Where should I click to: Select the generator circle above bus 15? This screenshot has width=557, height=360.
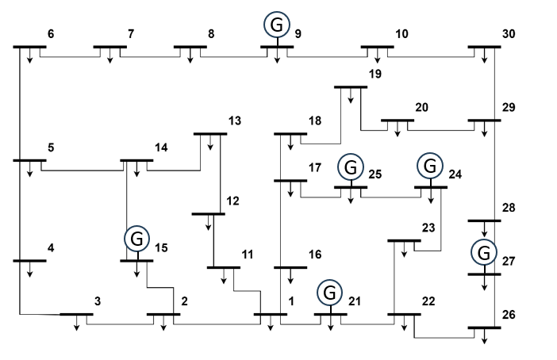(x=136, y=238)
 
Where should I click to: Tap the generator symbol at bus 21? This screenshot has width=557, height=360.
(x=330, y=293)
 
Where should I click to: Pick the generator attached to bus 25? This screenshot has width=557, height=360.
(x=350, y=167)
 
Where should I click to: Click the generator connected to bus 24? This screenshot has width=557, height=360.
(x=429, y=167)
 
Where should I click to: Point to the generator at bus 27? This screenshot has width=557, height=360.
(x=483, y=253)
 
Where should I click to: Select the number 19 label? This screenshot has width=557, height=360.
(x=375, y=75)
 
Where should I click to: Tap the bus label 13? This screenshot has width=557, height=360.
(x=234, y=121)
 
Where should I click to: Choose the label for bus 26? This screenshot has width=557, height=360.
(x=509, y=315)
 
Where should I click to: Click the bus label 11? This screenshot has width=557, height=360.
(x=248, y=255)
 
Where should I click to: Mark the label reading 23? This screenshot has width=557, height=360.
(x=428, y=228)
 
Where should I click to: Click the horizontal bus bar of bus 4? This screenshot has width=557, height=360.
(x=29, y=260)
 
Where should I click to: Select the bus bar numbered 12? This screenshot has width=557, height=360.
(x=209, y=214)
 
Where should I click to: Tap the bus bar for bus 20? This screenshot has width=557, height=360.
(x=398, y=121)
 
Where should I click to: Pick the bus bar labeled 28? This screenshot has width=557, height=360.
(x=484, y=220)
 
